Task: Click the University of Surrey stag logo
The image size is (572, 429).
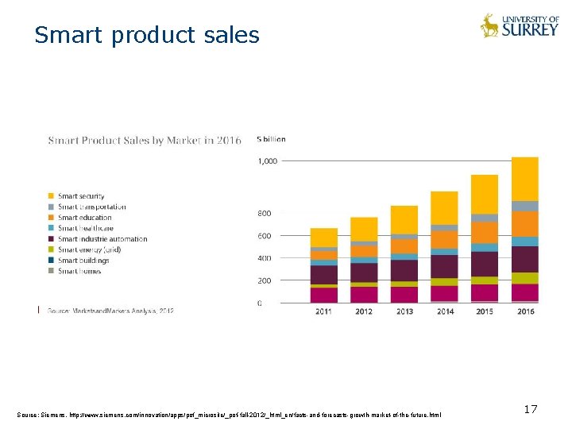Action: (489, 25)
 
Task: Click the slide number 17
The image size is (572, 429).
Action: (531, 409)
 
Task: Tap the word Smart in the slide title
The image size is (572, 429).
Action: (68, 36)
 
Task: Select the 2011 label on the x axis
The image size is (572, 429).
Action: (323, 311)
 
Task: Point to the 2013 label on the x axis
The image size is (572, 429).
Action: (404, 311)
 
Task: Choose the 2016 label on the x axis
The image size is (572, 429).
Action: (525, 311)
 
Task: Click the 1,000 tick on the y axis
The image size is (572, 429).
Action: (268, 161)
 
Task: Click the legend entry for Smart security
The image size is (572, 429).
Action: (80, 196)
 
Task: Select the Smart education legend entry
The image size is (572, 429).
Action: (84, 218)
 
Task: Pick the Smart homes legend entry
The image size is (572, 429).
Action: (79, 271)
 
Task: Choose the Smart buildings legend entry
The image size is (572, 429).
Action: (83, 261)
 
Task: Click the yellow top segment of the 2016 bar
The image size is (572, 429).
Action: (525, 179)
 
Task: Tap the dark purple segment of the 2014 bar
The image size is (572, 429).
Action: (445, 266)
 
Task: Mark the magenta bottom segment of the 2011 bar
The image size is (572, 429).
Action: (323, 295)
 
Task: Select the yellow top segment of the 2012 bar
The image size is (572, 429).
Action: (364, 229)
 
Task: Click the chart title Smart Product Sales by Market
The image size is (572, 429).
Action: (144, 141)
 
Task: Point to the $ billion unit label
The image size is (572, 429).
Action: (271, 139)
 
